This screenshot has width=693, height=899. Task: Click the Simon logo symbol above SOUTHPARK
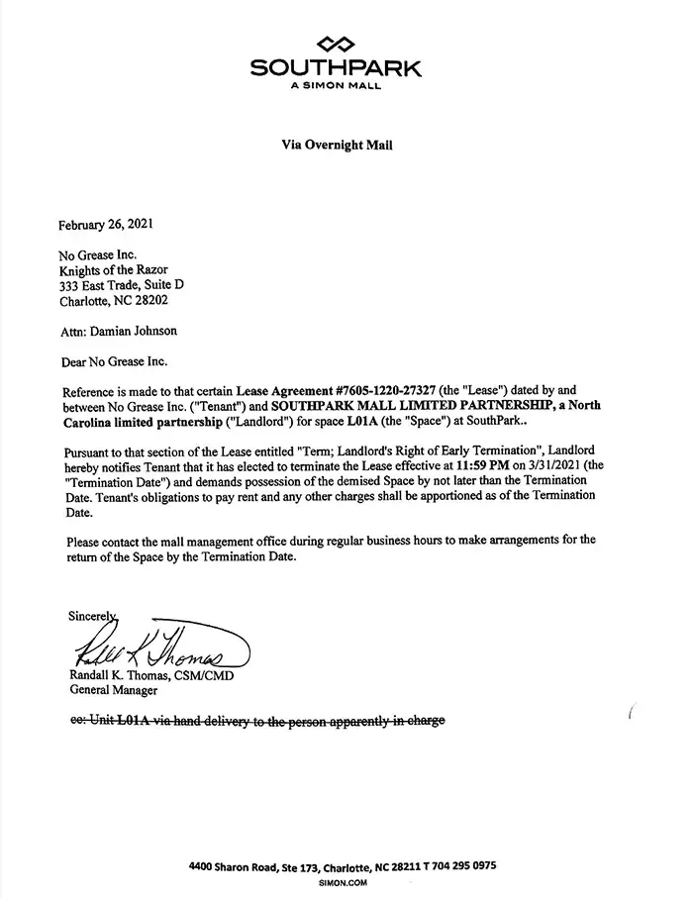[x=336, y=44]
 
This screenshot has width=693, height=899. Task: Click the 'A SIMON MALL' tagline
[x=336, y=85]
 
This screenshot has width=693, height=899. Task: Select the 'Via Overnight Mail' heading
[x=337, y=145]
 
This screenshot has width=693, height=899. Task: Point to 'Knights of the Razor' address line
[x=115, y=269]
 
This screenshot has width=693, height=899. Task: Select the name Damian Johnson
[x=134, y=331]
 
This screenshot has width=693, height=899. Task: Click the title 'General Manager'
[x=113, y=691]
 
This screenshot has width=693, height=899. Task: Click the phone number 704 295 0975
[x=462, y=865]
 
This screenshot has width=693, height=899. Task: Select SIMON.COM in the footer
[x=344, y=880]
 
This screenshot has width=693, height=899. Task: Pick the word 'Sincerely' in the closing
[x=92, y=615]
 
